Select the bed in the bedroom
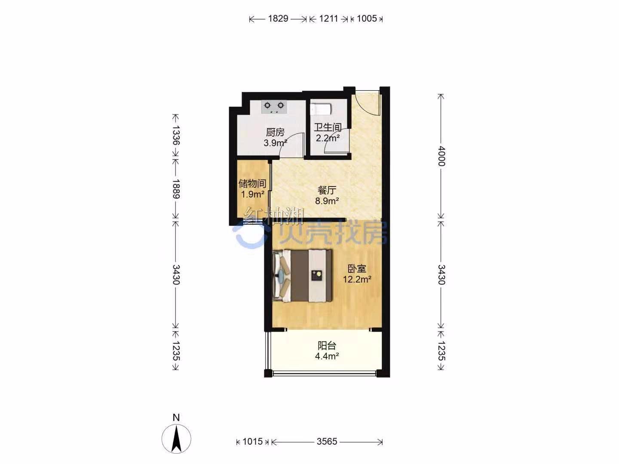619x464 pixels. coord(302,275)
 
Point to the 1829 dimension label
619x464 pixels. coord(278,18)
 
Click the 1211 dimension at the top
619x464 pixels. coord(328,18)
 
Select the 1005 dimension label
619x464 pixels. coord(367,18)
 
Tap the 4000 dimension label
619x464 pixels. coord(441,156)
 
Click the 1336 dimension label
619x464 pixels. coord(176,135)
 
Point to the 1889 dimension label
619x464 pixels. coord(176,189)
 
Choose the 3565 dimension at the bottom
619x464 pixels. coord(327,441)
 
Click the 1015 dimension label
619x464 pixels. coord(253,441)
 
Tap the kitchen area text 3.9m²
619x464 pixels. coord(275,143)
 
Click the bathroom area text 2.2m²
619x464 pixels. coord(328,138)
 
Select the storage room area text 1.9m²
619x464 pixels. coord(253,194)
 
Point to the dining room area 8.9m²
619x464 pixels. coord(327,201)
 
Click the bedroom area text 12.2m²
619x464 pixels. coord(357,279)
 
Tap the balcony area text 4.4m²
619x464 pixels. coord(327,356)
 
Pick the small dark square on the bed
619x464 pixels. coord(317,275)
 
